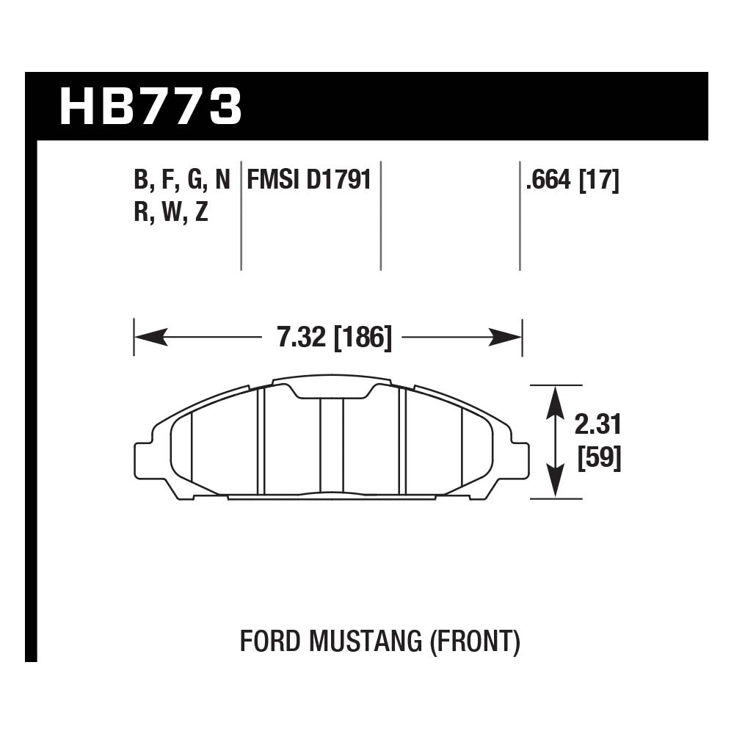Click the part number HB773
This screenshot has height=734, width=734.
pos(150,106)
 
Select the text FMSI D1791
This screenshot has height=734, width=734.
pos(309,181)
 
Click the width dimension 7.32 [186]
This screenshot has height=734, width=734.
pos(335,338)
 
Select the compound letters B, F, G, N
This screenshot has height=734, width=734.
pos(181,181)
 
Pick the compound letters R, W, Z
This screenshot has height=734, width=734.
pos(170,214)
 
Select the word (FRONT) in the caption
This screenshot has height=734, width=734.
pos(473,642)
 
